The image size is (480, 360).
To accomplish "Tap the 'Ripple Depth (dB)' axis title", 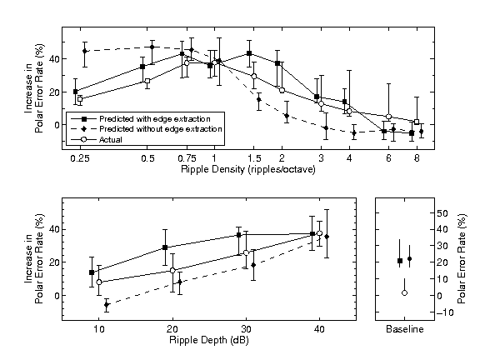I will [x=209, y=340].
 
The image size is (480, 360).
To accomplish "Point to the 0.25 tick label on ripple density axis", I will [x=80, y=158].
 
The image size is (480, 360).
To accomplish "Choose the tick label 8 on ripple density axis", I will [x=417, y=158].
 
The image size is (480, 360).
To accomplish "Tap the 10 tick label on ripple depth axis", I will [x=99, y=330].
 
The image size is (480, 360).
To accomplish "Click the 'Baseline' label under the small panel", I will [x=404, y=330].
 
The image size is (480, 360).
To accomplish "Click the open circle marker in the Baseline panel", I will [x=404, y=293].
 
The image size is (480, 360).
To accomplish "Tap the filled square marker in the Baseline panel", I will [x=400, y=261].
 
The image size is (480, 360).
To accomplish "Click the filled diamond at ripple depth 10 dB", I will [x=107, y=305].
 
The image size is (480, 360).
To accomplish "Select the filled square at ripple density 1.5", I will [x=250, y=53].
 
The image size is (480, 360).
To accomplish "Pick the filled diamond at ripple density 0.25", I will [x=85, y=51].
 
